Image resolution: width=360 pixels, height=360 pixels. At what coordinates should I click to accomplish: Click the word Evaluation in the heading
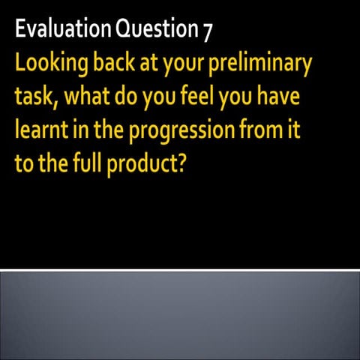(64, 30)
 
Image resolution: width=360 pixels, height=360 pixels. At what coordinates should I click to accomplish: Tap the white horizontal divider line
(180, 268)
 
